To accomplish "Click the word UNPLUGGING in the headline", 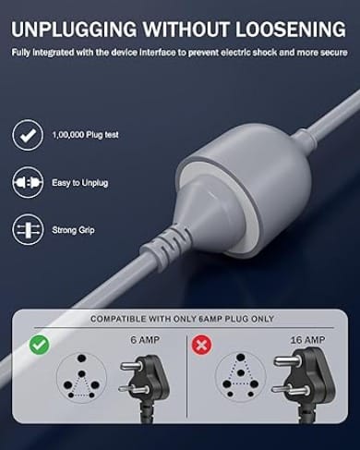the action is pyautogui.click(x=74, y=30).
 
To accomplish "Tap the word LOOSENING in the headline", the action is pyautogui.click(x=291, y=30).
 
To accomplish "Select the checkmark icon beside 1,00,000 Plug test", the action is pyautogui.click(x=28, y=135).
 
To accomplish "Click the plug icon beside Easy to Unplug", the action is pyautogui.click(x=28, y=183).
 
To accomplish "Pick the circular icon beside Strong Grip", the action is pyautogui.click(x=28, y=230).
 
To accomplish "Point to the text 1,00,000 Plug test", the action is pyautogui.click(x=85, y=135).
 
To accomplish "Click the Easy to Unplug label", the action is pyautogui.click(x=80, y=183).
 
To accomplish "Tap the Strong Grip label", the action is pyautogui.click(x=73, y=230).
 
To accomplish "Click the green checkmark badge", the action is pyautogui.click(x=40, y=345).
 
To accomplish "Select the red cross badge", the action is pyautogui.click(x=201, y=345).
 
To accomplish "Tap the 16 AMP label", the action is pyautogui.click(x=307, y=340).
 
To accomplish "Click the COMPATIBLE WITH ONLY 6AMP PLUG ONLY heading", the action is pyautogui.click(x=182, y=319).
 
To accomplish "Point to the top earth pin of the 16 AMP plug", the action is pyautogui.click(x=287, y=360).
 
